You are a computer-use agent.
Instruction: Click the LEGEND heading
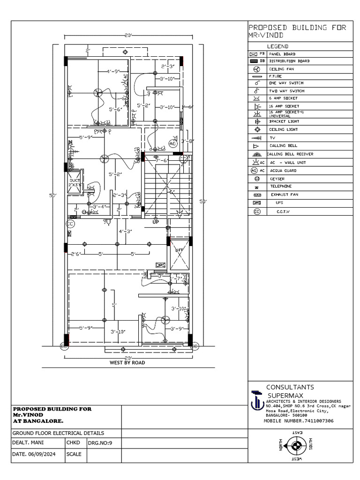(x=277, y=46)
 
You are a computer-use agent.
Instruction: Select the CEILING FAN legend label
(x=280, y=69)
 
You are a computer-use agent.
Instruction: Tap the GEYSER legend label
(x=277, y=179)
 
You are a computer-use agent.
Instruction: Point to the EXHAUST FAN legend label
(x=283, y=194)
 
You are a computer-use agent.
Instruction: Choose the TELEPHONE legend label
(x=280, y=186)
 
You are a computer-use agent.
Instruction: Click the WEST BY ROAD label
(x=127, y=362)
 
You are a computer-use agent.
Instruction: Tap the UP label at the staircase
(x=156, y=222)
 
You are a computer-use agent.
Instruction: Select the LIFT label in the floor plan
(x=179, y=251)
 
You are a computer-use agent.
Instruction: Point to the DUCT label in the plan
(x=75, y=180)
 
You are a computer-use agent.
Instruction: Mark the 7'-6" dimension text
(x=162, y=160)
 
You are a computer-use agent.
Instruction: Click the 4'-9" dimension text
(x=113, y=72)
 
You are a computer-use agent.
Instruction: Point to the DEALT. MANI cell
(x=31, y=442)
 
